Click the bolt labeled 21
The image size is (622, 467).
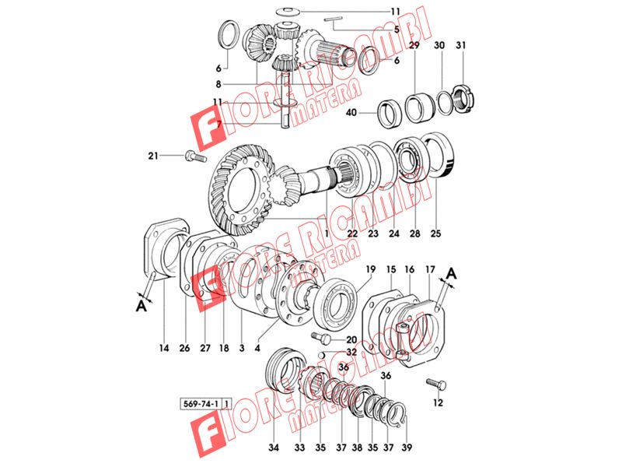click(x=196, y=156)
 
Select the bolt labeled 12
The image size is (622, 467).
click(x=436, y=384)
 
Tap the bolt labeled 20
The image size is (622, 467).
click(x=322, y=338)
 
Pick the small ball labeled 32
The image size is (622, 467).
click(x=323, y=353)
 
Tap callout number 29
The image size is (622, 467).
click(x=414, y=45)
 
